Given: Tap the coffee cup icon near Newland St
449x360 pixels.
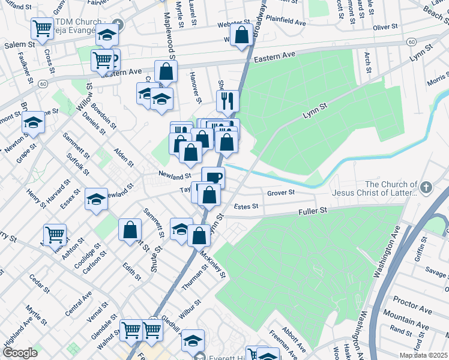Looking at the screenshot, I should tap(213, 176).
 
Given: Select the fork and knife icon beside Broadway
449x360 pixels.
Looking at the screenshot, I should tap(228, 101).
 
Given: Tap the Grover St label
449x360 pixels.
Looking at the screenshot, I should tap(281, 193).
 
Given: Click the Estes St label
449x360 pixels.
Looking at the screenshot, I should tap(246, 206).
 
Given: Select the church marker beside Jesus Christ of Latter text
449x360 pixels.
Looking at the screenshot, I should tap(426, 187).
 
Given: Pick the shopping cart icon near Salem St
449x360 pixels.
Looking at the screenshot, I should tap(42, 28).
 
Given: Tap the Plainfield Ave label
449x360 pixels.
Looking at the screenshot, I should tap(286, 23).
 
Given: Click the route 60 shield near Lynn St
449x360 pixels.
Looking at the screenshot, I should tap(411, 41).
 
